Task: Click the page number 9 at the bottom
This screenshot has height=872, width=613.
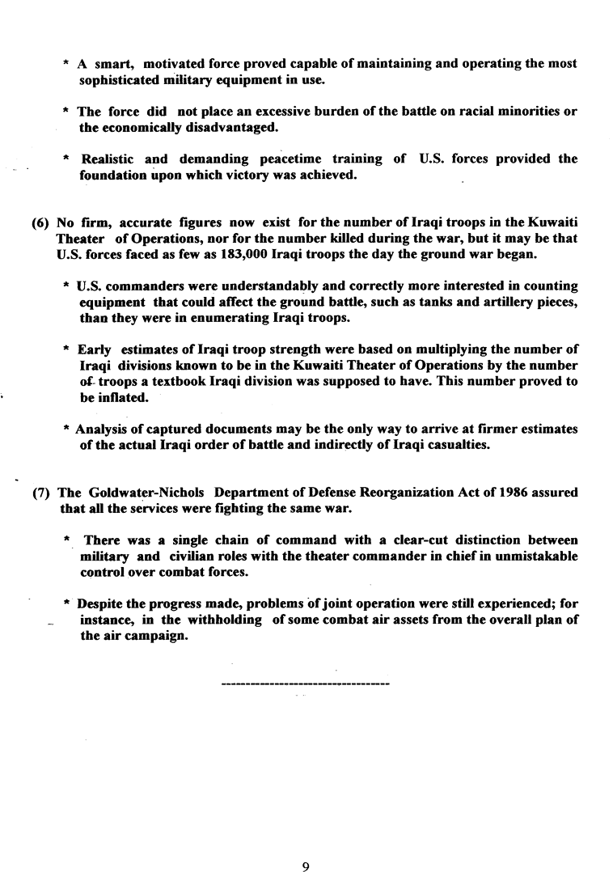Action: (x=306, y=844)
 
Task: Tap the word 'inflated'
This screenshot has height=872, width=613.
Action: (x=125, y=398)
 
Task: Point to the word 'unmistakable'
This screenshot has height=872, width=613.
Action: (x=539, y=557)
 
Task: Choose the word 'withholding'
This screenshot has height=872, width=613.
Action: (x=218, y=620)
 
